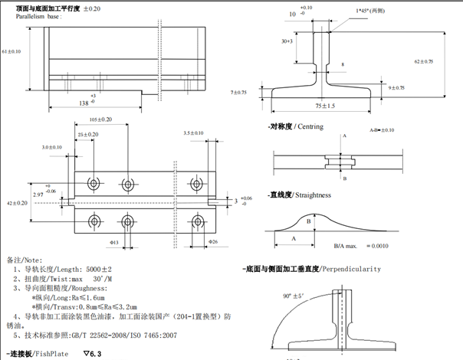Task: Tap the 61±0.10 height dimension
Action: (x=11, y=51)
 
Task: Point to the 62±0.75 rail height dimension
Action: (x=423, y=61)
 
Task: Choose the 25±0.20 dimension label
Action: (x=87, y=135)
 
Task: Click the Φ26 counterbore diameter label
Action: (x=215, y=242)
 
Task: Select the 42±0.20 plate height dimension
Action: (x=17, y=203)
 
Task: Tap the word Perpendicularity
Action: (x=352, y=270)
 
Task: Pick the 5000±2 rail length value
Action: (x=97, y=270)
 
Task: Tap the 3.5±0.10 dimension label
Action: (x=194, y=133)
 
